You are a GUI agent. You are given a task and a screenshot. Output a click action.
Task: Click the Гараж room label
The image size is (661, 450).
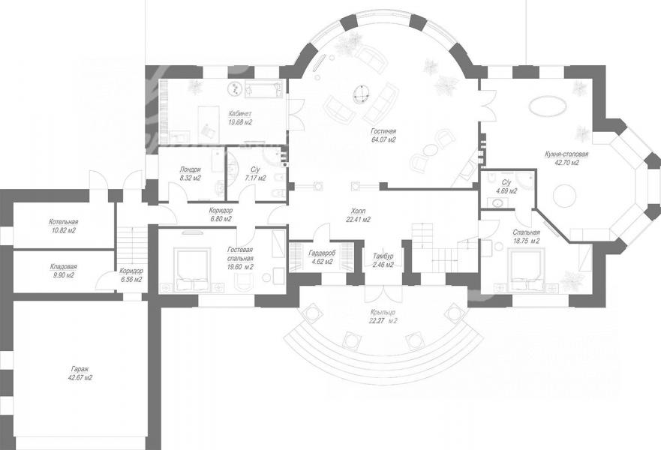[x=80, y=369]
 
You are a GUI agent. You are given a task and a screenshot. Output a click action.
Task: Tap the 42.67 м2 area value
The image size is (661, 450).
[x=80, y=378]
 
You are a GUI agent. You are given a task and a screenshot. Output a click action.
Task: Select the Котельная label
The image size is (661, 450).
[x=63, y=222]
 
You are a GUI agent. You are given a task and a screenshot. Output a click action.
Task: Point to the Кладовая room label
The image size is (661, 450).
[x=63, y=267]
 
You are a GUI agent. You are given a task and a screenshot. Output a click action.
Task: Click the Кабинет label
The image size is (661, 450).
[x=240, y=113]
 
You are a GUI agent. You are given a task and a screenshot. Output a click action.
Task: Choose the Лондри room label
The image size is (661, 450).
[x=190, y=169]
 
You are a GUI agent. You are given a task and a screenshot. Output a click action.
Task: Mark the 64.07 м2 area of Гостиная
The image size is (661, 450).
[x=383, y=140]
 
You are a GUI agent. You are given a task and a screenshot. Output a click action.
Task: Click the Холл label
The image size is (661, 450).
[x=358, y=210]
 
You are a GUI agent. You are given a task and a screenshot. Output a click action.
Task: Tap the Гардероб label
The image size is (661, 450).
[x=322, y=253]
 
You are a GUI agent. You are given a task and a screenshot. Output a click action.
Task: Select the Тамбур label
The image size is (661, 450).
[x=383, y=256]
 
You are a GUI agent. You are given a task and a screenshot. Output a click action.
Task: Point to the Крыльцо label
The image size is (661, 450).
[x=383, y=312]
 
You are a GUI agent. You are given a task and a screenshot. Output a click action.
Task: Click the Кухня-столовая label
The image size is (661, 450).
[x=566, y=154]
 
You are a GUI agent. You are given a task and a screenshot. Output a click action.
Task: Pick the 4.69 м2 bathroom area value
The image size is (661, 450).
[x=506, y=190]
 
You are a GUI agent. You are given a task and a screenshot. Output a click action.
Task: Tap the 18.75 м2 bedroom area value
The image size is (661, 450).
[x=527, y=241]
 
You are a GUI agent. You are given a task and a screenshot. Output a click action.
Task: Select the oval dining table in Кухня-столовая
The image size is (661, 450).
[x=547, y=106]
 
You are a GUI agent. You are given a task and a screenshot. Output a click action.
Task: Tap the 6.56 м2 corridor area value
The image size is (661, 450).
[x=131, y=279]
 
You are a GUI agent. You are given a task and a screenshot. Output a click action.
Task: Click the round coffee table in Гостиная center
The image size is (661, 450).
[x=362, y=93]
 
